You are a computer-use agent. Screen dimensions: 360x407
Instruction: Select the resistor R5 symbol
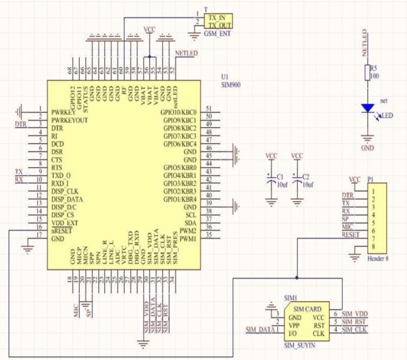point(367,73)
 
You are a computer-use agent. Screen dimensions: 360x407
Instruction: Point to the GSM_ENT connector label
point(217,33)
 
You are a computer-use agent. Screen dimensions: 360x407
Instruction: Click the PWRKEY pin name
point(63,112)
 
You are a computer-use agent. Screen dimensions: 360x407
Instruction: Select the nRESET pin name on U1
point(63,231)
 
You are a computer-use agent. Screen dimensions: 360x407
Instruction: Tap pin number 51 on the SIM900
point(209,109)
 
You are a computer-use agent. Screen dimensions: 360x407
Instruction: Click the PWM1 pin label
point(188,239)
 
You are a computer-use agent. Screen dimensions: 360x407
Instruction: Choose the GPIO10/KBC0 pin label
point(178,112)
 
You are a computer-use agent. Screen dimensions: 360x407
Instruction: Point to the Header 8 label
point(378,259)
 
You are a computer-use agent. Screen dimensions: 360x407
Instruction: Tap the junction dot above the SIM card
point(297,277)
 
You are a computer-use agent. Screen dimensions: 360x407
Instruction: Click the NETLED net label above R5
point(365,44)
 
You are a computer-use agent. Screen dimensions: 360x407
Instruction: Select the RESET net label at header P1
point(350,234)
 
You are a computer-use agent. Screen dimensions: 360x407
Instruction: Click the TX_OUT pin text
point(219,25)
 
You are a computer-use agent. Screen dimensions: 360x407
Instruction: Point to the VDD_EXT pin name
point(65,223)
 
